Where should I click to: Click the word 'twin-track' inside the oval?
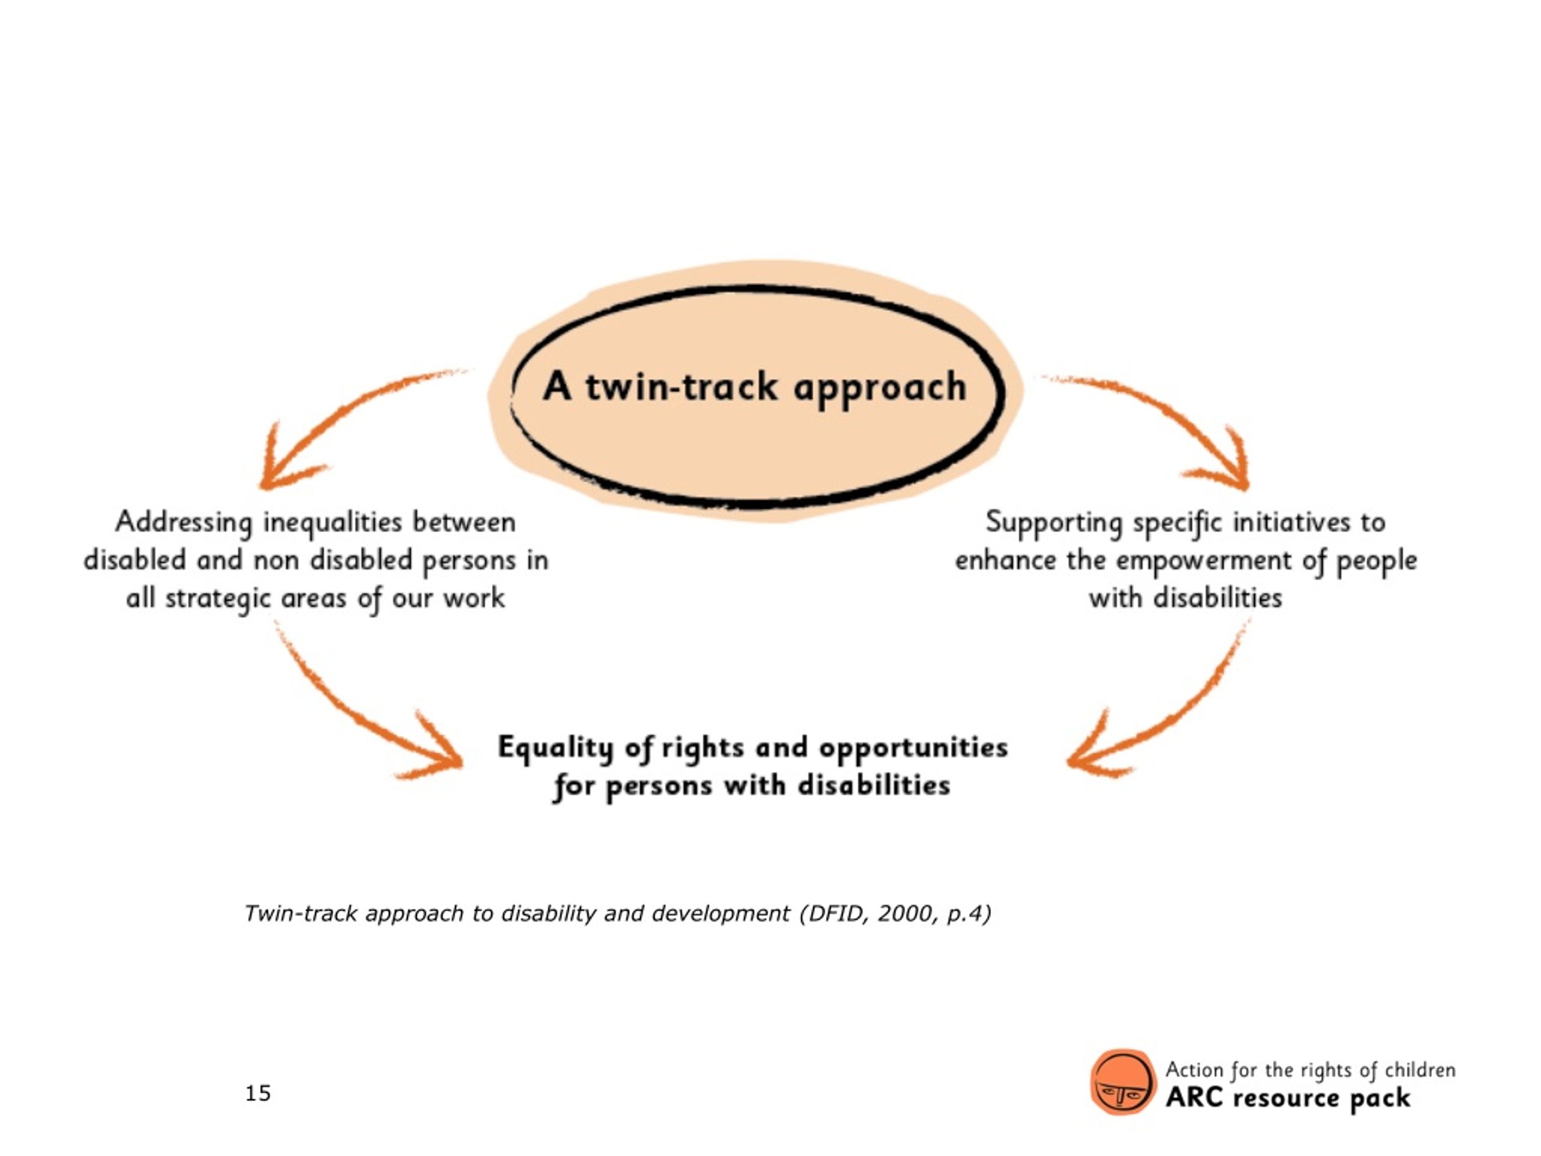pos(681,387)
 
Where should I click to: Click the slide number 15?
pos(258,1093)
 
